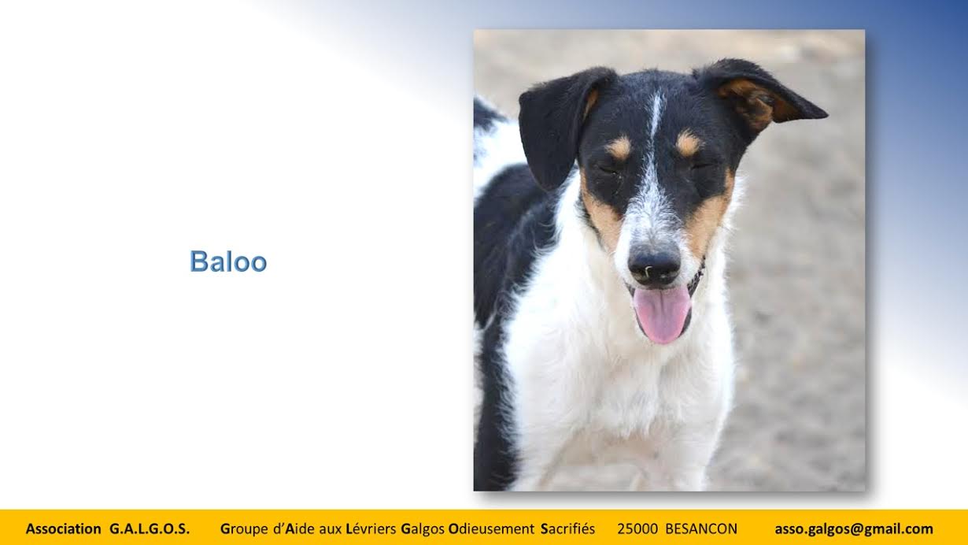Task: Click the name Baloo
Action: pyautogui.click(x=228, y=261)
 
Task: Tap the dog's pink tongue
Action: pyautogui.click(x=662, y=314)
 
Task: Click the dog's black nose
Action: pyautogui.click(x=654, y=265)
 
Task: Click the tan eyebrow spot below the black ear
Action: pyautogui.click(x=619, y=148)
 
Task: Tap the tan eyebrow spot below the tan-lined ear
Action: pyautogui.click(x=688, y=143)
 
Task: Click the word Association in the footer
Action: pyautogui.click(x=64, y=528)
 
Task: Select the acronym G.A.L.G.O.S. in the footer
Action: pyautogui.click(x=150, y=528)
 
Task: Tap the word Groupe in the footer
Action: pyautogui.click(x=244, y=529)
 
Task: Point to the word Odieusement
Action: pyautogui.click(x=492, y=528)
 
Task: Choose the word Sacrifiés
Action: pyautogui.click(x=568, y=528)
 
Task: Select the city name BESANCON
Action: pyautogui.click(x=701, y=528)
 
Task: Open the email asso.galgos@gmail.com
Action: pyautogui.click(x=854, y=529)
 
